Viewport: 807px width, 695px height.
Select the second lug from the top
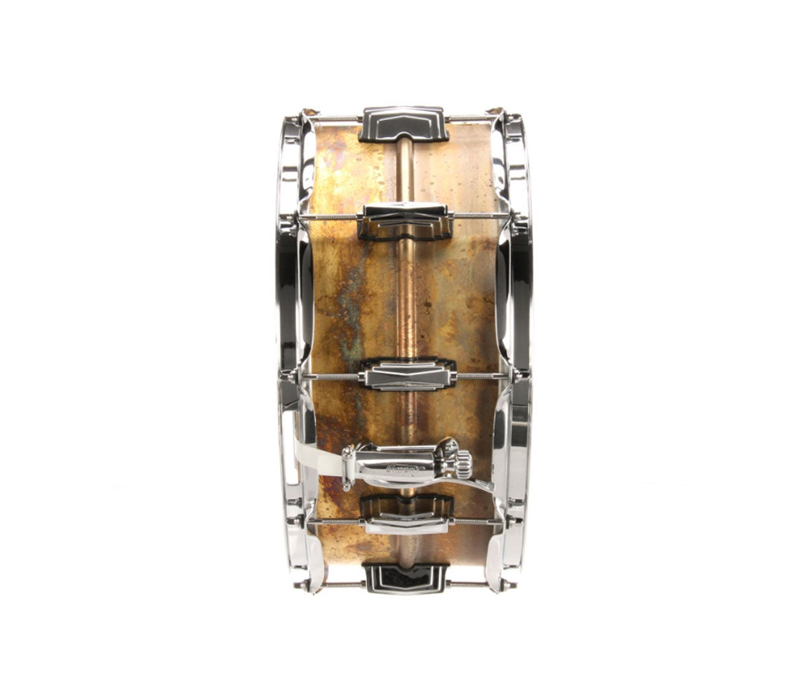(x=403, y=221)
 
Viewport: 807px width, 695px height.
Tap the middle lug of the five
(x=407, y=375)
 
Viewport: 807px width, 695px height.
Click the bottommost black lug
(x=405, y=577)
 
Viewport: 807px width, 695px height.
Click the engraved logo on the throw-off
(x=407, y=468)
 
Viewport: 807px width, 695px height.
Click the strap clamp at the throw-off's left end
(x=348, y=467)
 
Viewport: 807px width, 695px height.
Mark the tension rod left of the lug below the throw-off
(x=334, y=522)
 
